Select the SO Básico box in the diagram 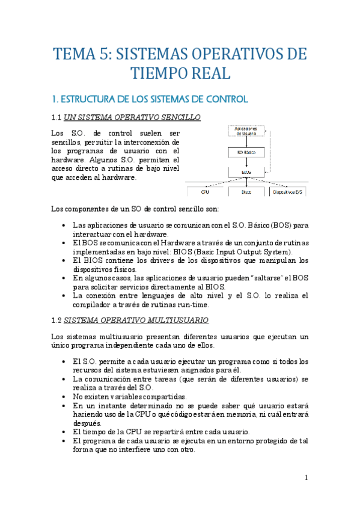pos(242,153)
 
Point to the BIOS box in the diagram pos(242,171)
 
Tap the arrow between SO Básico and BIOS pos(242,162)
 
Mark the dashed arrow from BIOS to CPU pos(222,181)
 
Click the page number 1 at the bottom pos(306,478)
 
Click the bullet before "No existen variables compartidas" pos(64,397)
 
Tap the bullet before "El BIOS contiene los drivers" pos(64,260)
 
